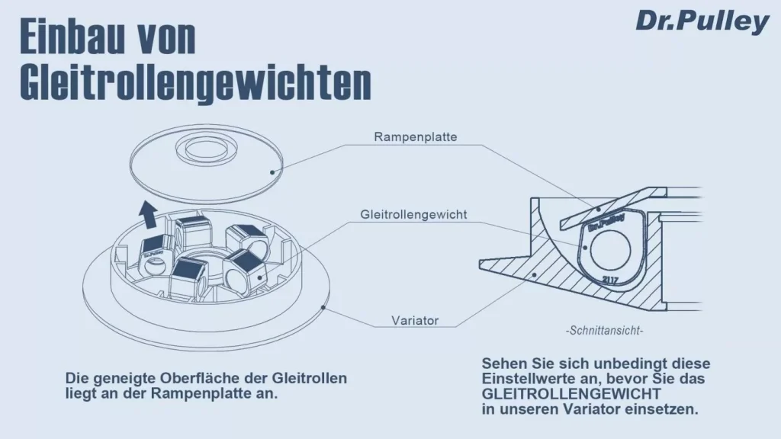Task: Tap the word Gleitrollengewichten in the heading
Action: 194,82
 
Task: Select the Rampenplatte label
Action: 416,138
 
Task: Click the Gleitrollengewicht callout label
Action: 413,216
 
